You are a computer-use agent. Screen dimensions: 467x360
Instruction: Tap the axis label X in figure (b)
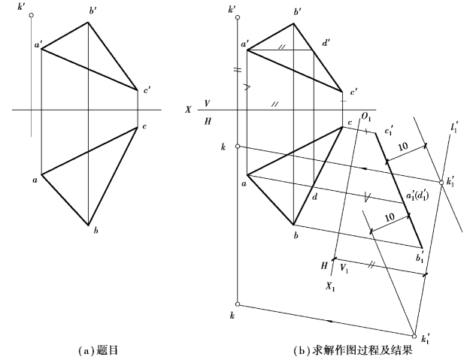[188, 110]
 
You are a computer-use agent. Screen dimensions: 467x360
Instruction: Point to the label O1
[366, 116]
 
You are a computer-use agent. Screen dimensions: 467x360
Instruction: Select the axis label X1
[329, 286]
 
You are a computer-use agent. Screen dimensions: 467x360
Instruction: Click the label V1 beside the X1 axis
[344, 267]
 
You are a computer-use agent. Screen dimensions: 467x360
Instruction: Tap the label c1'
[389, 129]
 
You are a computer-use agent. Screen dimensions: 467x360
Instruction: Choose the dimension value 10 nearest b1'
[390, 218]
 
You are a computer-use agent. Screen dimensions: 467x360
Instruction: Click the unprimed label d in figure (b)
[314, 198]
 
